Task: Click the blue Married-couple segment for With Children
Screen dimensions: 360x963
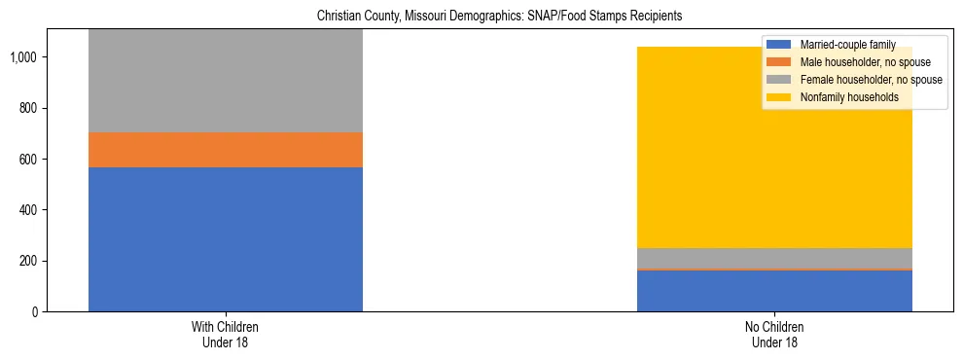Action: [225, 239]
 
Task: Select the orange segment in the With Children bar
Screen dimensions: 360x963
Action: [225, 150]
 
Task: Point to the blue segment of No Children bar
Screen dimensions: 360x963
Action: [774, 291]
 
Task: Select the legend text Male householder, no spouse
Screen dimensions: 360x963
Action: [860, 62]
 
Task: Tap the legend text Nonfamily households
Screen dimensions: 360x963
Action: [847, 97]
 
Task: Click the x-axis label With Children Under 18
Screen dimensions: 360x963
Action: [225, 335]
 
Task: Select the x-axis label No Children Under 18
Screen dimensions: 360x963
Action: [774, 335]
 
